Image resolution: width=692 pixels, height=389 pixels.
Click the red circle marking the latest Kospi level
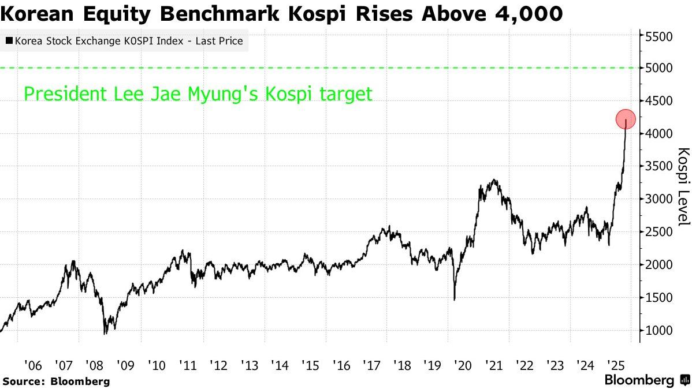[x=626, y=119]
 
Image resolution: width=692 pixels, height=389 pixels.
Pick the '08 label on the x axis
[x=94, y=365]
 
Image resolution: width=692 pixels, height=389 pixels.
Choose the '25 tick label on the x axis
[x=615, y=365]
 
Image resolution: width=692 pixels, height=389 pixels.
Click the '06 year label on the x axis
[x=33, y=365]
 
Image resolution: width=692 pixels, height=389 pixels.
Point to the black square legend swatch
[x=9, y=42]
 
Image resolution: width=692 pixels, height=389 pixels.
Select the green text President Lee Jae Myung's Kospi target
[x=198, y=93]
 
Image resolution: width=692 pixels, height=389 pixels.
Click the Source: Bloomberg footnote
[x=56, y=381]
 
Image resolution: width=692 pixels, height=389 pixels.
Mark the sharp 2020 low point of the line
[x=454, y=300]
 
